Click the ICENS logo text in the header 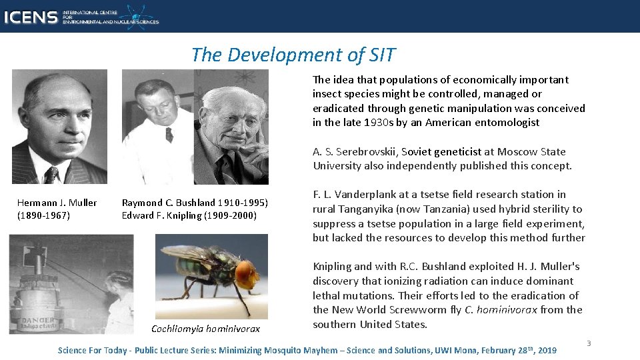(31, 17)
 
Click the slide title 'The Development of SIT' (293, 55)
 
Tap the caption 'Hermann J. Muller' (57, 203)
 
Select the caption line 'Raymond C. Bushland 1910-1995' (195, 203)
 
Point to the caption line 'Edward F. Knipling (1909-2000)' (189, 215)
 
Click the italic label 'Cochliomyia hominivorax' (205, 329)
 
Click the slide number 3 (588, 343)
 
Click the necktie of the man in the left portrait (51, 174)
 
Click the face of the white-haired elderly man (233, 120)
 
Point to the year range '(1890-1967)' (43, 215)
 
